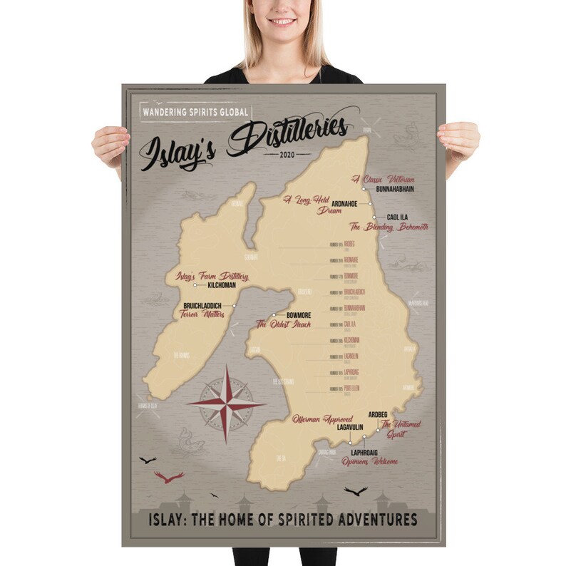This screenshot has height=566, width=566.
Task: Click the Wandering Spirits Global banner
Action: pyautogui.click(x=194, y=112)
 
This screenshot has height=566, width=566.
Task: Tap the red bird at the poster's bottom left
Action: pyautogui.click(x=168, y=475)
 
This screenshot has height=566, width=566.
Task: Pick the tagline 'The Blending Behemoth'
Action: pyautogui.click(x=389, y=227)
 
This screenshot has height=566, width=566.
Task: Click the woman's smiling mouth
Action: pyautogui.click(x=283, y=22)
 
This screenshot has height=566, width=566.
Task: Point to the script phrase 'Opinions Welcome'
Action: pyautogui.click(x=369, y=461)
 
